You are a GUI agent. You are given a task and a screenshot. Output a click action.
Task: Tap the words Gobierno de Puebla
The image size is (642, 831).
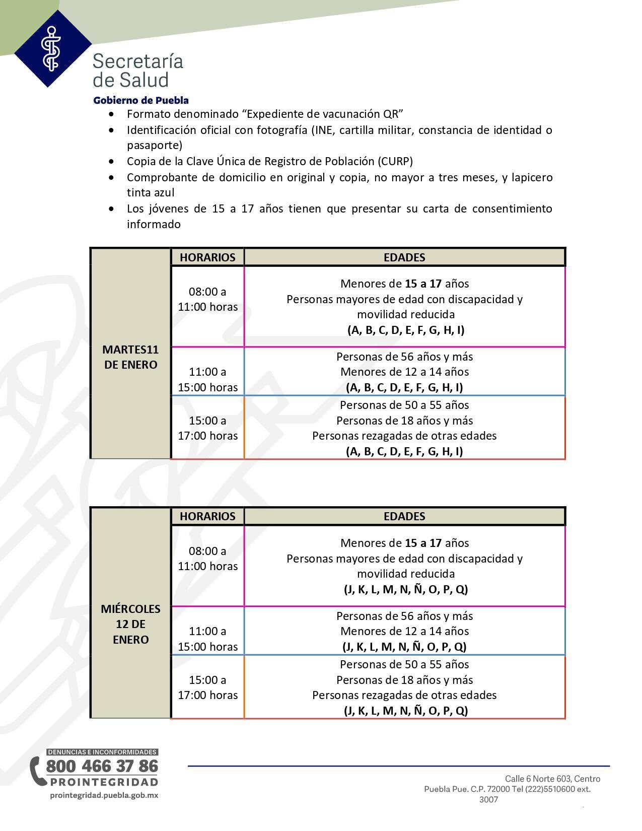(141, 100)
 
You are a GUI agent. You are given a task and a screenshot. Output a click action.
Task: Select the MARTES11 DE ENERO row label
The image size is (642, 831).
(130, 357)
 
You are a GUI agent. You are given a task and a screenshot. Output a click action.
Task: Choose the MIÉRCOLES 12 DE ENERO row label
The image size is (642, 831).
(130, 624)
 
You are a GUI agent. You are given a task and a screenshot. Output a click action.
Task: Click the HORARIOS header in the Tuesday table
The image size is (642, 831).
(207, 257)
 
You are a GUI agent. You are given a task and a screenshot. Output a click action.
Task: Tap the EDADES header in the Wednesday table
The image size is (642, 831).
(404, 516)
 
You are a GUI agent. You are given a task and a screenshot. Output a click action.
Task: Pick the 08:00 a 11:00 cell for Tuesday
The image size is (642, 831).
(207, 299)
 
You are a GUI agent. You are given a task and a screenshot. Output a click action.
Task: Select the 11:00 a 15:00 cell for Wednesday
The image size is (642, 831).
(207, 639)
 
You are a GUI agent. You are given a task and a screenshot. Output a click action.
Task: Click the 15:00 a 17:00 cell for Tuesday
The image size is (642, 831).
(207, 428)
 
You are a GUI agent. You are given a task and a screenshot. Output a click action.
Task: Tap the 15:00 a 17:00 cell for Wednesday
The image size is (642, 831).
(207, 687)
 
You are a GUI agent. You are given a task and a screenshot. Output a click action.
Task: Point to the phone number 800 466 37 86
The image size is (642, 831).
(102, 766)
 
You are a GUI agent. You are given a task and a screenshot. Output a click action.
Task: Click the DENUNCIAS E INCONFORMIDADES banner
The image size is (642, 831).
(102, 752)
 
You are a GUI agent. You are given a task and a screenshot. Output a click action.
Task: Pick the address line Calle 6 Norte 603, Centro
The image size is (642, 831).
(552, 779)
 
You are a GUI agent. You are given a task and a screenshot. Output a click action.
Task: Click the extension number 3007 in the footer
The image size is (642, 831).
(488, 800)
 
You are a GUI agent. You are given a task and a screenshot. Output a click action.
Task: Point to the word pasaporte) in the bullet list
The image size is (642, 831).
(154, 146)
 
